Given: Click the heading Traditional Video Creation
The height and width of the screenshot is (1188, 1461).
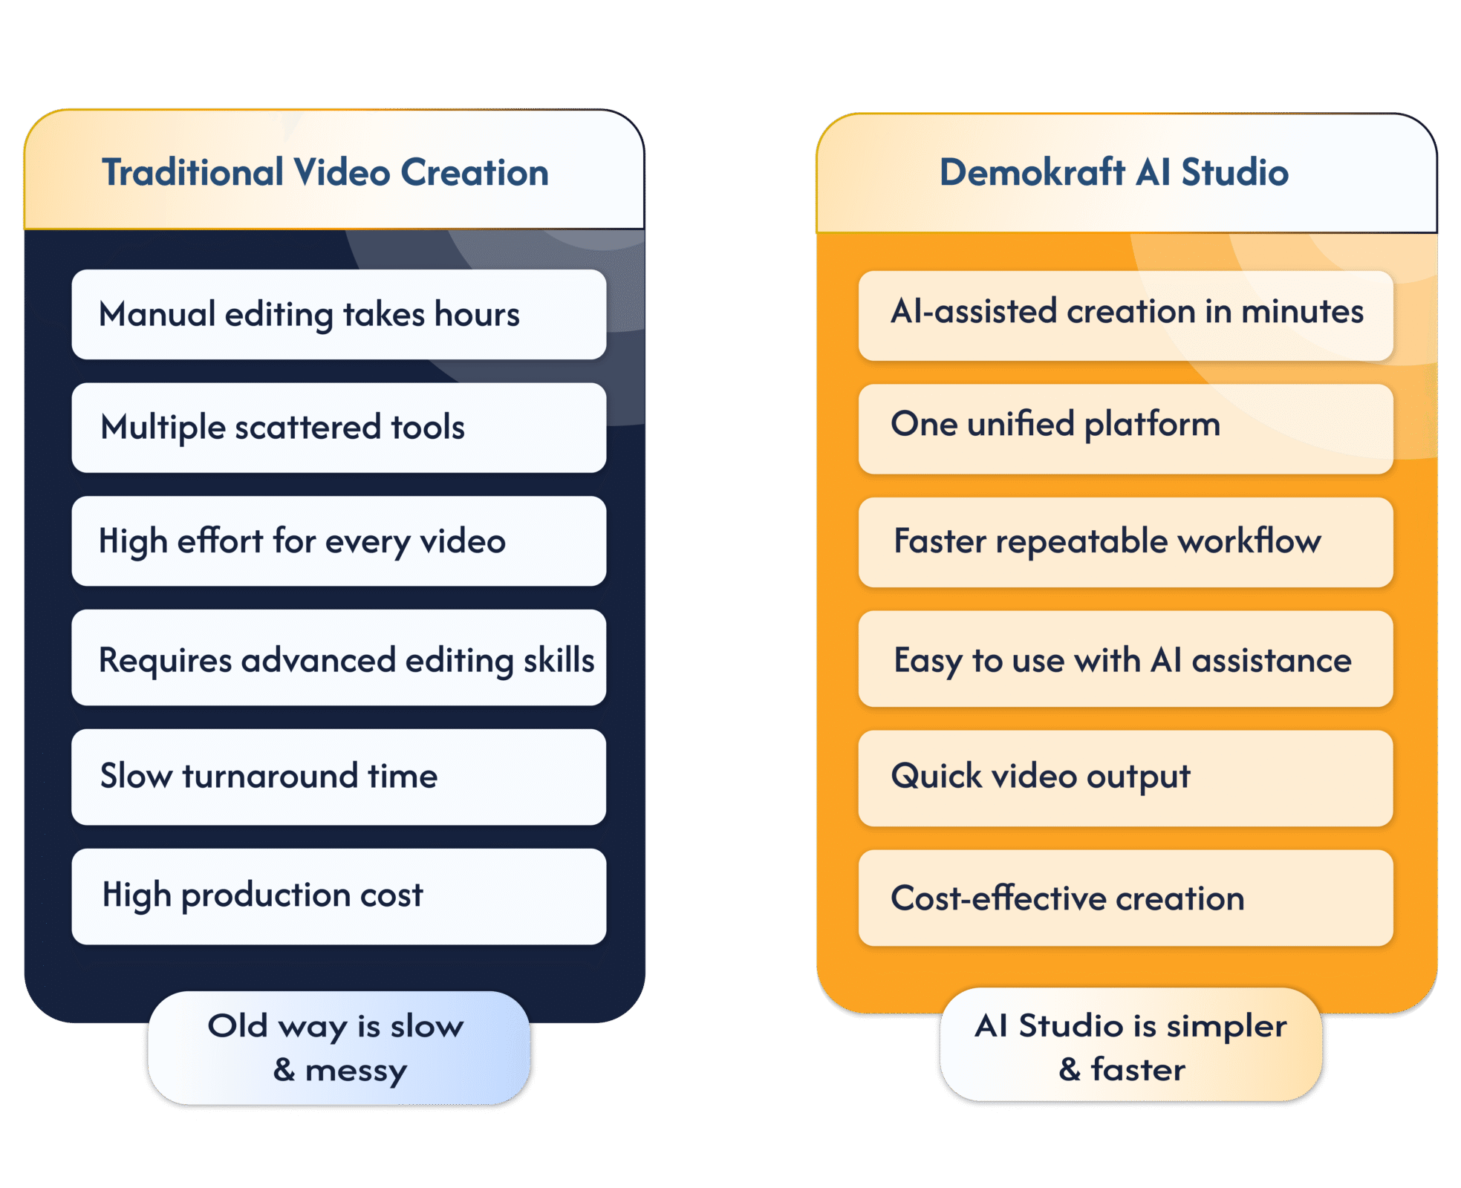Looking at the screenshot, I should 325,172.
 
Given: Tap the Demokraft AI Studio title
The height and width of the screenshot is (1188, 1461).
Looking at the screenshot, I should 1113,172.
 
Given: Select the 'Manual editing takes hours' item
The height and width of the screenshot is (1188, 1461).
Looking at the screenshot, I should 339,315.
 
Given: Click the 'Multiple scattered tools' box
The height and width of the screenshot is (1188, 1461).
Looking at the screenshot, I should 339,428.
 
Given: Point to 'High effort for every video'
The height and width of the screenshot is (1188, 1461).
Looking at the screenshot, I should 339,541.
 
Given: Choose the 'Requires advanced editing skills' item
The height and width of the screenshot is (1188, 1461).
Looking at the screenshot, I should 339,659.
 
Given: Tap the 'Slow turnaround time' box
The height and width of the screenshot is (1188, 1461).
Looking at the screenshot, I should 339,777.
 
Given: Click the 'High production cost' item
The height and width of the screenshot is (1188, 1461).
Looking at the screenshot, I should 339,896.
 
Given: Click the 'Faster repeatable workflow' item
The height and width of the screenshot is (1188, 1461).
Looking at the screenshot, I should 1125,542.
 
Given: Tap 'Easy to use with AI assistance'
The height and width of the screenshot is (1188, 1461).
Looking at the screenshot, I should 1125,659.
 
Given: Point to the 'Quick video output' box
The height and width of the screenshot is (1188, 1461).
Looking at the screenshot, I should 1125,777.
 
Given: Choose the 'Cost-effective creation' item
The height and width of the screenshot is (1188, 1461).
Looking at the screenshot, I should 1125,898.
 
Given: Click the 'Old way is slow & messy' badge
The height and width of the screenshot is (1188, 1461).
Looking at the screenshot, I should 339,1048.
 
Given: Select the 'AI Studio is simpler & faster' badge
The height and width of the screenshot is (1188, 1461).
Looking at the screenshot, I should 1130,1046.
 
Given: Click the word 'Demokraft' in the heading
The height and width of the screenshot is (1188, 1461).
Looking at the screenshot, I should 1032,172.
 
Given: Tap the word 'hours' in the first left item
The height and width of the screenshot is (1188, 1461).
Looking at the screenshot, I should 477,315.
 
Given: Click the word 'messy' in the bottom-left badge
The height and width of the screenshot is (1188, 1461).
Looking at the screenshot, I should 356,1071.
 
